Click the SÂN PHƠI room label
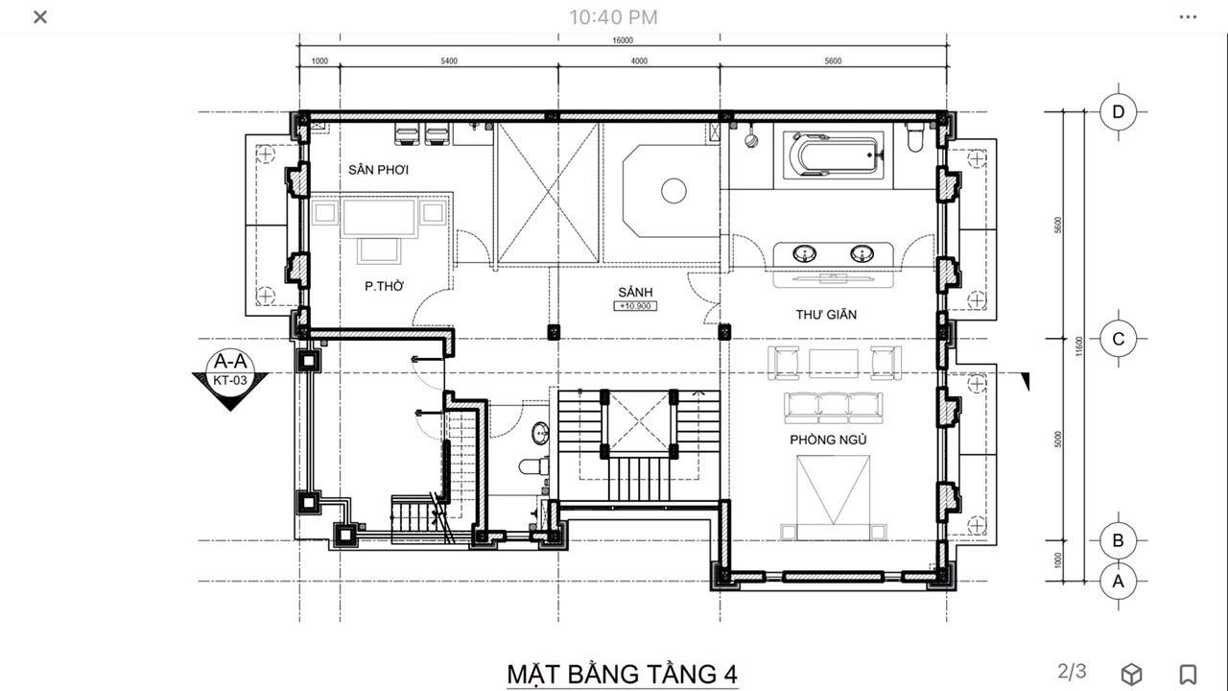tap(378, 170)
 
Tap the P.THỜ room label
tap(385, 286)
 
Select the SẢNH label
tap(635, 292)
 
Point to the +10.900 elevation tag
tap(635, 306)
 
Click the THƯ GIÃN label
tap(826, 314)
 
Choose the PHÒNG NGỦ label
tap(828, 440)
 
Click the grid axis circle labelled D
tap(1119, 112)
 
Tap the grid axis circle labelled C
tap(1119, 339)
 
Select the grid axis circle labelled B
tap(1119, 540)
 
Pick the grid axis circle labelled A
tap(1119, 582)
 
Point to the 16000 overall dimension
tap(623, 40)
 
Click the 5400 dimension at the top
tap(449, 60)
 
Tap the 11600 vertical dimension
tap(1079, 346)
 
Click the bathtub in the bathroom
tap(834, 155)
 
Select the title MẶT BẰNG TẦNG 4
tap(623, 674)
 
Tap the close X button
tap(40, 17)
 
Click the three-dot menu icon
tap(1188, 17)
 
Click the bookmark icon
tap(1188, 674)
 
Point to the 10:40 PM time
tap(613, 17)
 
